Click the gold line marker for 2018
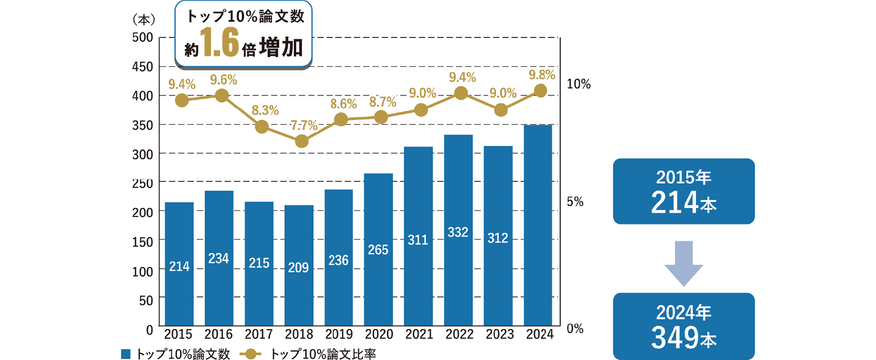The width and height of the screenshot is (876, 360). (x=302, y=141)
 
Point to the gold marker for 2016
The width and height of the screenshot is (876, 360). (x=222, y=95)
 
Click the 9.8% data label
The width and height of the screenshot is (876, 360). (x=541, y=75)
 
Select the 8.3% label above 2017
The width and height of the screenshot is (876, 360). (x=265, y=111)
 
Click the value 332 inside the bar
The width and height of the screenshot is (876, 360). (x=457, y=232)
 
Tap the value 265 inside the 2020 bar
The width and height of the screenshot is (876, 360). (x=378, y=249)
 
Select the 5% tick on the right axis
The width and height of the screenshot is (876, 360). (x=575, y=201)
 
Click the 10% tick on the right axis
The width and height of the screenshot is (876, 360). (x=578, y=84)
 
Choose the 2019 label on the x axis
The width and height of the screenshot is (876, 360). (x=339, y=334)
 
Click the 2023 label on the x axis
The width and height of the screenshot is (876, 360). (x=498, y=334)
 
